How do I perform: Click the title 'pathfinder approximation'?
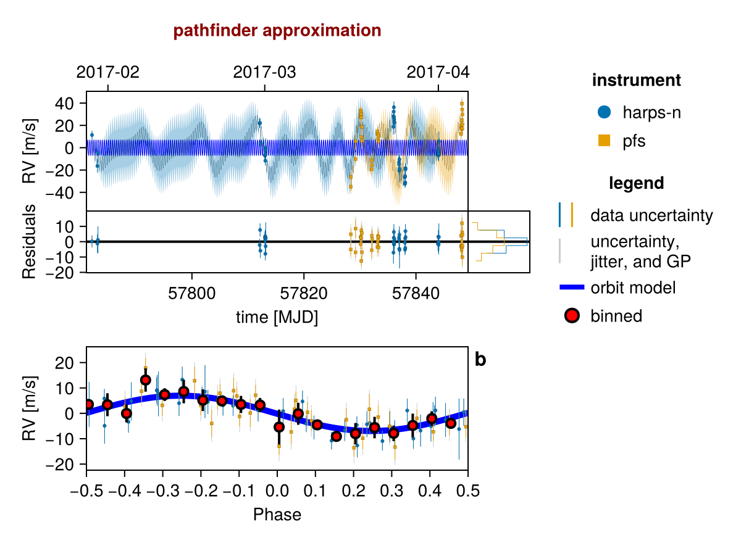click(277, 30)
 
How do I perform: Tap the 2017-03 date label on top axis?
click(264, 72)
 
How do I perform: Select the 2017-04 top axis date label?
click(438, 72)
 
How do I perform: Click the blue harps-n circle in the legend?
click(604, 112)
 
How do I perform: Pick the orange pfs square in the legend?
click(604, 141)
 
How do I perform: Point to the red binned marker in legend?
click(572, 316)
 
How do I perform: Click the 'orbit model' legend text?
click(633, 288)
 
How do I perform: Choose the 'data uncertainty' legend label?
click(651, 216)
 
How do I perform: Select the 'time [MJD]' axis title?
click(277, 318)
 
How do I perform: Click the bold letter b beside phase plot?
click(480, 360)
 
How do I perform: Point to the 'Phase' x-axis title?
click(277, 514)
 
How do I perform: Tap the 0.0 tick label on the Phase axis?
click(277, 491)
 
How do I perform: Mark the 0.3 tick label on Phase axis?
click(391, 491)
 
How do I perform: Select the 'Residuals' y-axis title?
click(29, 241)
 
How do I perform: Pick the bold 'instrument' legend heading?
click(636, 80)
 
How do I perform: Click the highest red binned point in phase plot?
click(146, 380)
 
